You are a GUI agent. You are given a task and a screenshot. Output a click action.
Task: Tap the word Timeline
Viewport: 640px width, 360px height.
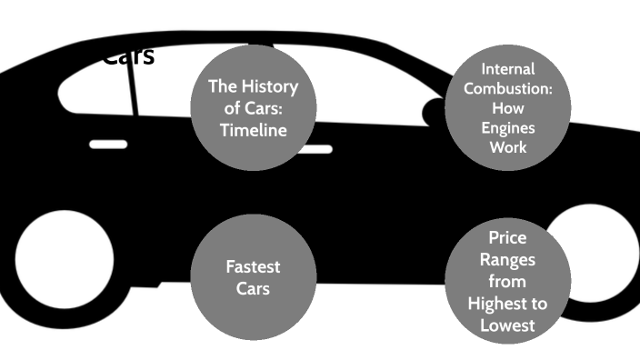tap(253, 130)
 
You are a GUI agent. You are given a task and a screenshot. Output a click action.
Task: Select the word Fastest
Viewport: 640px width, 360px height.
tap(253, 267)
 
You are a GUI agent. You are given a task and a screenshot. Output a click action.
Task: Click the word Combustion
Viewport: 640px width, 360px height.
tap(507, 88)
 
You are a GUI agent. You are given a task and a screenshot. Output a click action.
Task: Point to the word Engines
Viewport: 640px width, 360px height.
tap(507, 128)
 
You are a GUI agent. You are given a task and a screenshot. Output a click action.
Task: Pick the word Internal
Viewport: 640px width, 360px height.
tap(507, 69)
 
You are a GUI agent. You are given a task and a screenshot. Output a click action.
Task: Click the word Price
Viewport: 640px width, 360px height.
tap(507, 238)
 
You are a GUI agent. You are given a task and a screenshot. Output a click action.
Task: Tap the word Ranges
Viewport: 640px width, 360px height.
tap(507, 260)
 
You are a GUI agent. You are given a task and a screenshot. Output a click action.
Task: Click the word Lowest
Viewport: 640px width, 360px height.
tap(507, 325)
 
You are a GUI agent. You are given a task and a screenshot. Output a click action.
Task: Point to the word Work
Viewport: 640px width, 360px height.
tap(507, 147)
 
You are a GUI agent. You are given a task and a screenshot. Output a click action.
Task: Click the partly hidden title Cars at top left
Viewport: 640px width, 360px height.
tap(128, 56)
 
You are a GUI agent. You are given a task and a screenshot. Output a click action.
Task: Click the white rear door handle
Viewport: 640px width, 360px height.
tap(108, 144)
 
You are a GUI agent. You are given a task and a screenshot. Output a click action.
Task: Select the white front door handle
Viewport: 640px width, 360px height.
tap(315, 148)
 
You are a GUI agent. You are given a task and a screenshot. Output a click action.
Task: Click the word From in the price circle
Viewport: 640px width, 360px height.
tap(507, 282)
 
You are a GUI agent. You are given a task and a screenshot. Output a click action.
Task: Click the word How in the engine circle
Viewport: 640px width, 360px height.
tap(507, 108)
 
